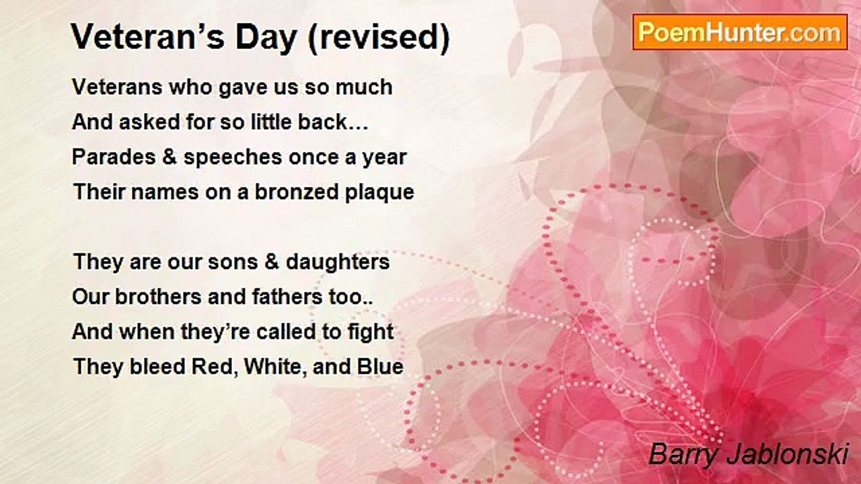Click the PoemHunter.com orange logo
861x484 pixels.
[x=740, y=32]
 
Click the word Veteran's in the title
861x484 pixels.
[x=147, y=37]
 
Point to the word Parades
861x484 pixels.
[x=114, y=157]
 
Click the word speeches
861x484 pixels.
[x=233, y=158]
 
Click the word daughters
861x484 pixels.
[x=338, y=263]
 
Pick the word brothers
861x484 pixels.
[x=159, y=296]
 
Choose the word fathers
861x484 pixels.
[x=287, y=296]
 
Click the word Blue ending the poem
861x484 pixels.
[x=380, y=366]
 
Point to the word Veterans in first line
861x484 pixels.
[x=117, y=87]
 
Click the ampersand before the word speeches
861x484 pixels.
[x=170, y=157]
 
